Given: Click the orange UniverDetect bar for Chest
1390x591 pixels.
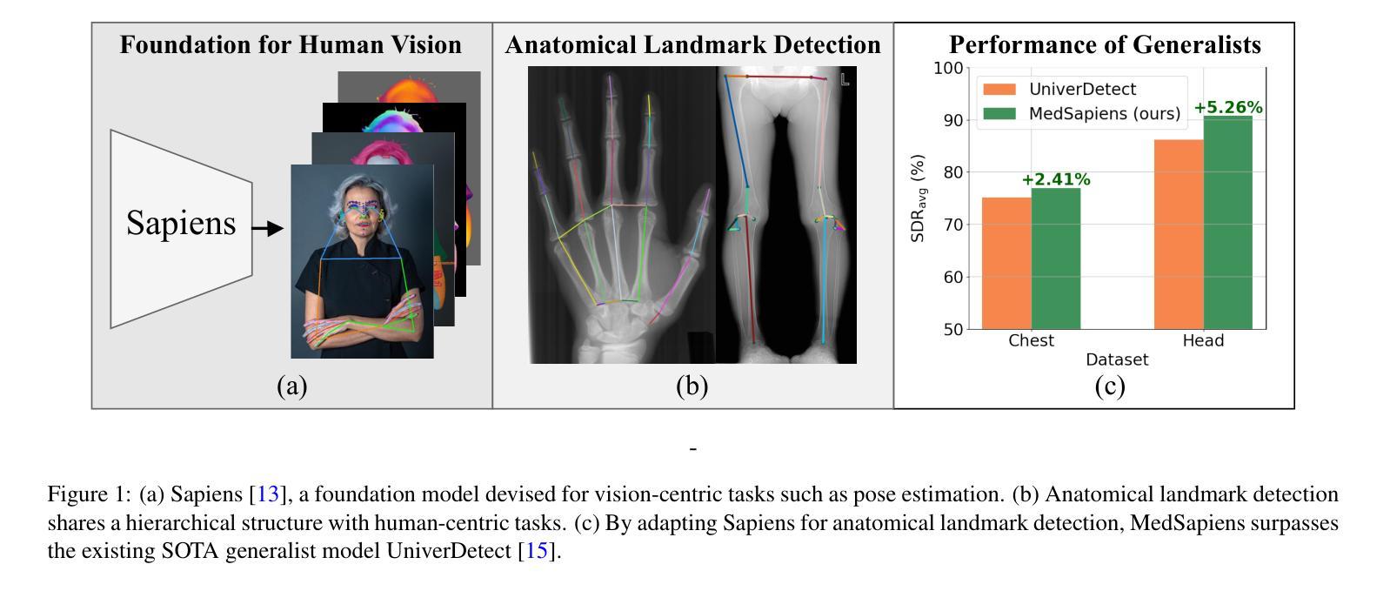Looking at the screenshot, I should (1006, 263).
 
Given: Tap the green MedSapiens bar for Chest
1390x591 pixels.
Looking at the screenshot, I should (1055, 259).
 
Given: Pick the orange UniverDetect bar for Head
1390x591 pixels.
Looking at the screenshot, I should (1179, 234).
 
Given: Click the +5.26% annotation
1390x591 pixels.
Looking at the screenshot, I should (1227, 108).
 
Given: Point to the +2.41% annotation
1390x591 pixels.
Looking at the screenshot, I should (1055, 180).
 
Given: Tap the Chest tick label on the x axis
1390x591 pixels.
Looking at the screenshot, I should (1031, 340).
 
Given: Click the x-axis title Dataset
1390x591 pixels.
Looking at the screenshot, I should (1116, 359).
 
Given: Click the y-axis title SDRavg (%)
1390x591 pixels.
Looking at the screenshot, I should (918, 198).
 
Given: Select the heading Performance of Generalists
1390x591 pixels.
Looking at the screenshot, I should (1105, 45).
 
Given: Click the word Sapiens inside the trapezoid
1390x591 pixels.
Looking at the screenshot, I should (181, 223).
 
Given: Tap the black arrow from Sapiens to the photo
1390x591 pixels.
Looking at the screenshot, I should (267, 229).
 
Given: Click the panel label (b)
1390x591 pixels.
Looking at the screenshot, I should (692, 386).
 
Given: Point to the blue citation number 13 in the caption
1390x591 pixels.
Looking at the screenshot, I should (268, 494).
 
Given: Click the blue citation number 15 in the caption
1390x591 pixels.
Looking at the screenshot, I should (537, 551).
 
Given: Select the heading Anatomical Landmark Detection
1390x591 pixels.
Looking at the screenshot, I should (692, 45).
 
